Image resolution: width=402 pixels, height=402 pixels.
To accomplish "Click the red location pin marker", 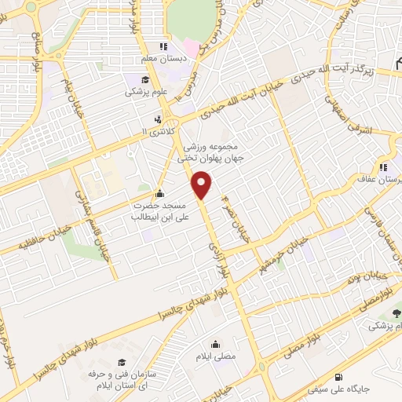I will [203, 185].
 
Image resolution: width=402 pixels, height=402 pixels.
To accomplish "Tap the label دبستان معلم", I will [163, 60].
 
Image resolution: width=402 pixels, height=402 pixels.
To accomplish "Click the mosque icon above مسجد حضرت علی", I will [160, 194].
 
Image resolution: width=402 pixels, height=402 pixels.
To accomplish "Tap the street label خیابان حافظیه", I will [30, 239].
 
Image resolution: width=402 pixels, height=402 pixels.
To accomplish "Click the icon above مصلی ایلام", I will [215, 344].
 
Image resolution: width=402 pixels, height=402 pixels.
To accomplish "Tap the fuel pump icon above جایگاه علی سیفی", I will [338, 375].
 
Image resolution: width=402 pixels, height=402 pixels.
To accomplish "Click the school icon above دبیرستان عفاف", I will [383, 166].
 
